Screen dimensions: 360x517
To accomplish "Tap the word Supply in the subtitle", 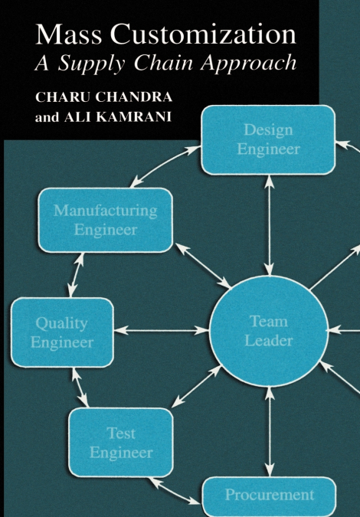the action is [x=91, y=64].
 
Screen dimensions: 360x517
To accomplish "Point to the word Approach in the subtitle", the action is [x=248, y=64].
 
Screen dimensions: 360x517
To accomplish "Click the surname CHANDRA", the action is [x=134, y=97].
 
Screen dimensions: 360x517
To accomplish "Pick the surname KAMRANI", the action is [x=118, y=117].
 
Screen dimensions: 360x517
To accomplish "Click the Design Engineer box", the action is [x=268, y=140].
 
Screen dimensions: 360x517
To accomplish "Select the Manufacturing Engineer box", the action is [x=106, y=221].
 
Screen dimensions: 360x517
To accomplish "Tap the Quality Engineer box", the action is [x=62, y=332].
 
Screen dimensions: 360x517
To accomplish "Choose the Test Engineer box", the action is [x=121, y=443].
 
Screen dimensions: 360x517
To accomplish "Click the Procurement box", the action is [x=269, y=496].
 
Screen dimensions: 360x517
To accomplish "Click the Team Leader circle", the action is [x=269, y=331].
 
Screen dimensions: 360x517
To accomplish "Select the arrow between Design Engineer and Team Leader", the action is [x=270, y=225].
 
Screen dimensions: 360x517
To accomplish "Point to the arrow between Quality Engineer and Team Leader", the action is [x=162, y=330].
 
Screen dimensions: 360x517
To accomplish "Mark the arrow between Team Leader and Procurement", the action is [x=270, y=432].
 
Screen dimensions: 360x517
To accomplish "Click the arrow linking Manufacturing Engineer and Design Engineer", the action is [x=165, y=166].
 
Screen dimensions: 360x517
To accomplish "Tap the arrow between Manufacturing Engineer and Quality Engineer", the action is [x=76, y=275].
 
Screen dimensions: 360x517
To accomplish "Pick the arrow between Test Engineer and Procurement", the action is [x=175, y=491].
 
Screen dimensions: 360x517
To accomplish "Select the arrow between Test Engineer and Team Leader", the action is [x=197, y=386].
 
